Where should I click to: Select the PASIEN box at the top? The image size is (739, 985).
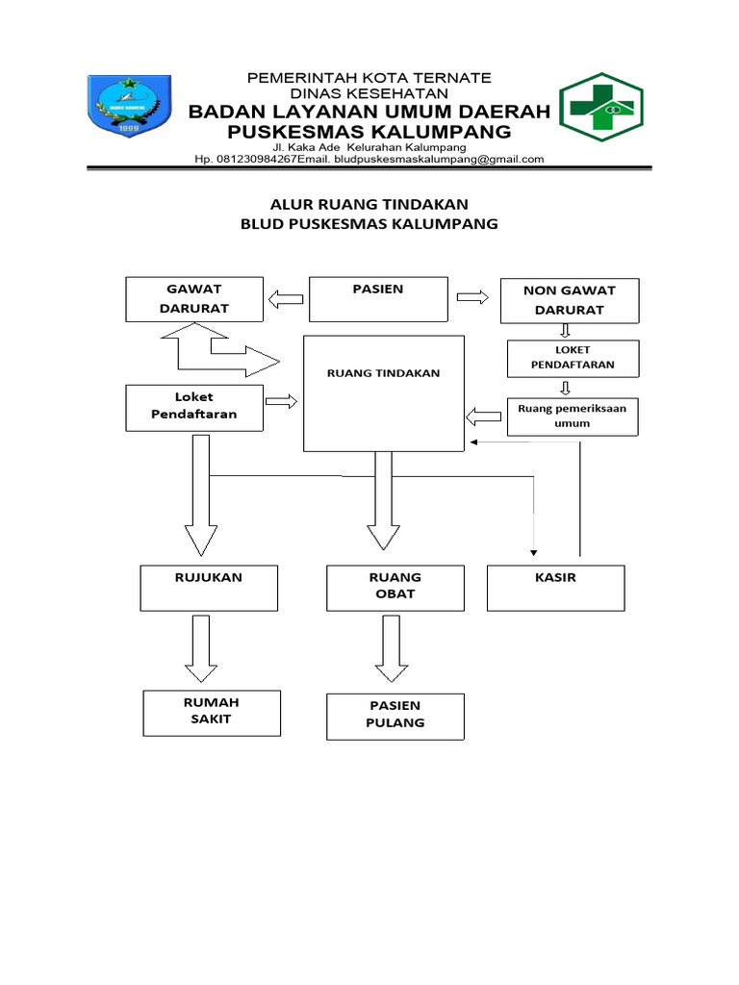coord(377,299)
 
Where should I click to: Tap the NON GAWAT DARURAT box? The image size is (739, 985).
coord(569,300)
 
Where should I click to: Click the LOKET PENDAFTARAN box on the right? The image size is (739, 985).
coord(573,358)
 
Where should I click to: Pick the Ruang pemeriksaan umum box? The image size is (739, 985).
coord(572,417)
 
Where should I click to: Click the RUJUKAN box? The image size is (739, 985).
coord(209,587)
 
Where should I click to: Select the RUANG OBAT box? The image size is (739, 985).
coord(395,587)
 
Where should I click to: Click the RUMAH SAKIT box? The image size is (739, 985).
coord(212,712)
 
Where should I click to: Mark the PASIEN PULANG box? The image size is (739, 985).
coord(395,716)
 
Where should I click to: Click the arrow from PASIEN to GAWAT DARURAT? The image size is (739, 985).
coord(285,299)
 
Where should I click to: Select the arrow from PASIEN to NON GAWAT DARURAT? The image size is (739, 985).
coord(472,298)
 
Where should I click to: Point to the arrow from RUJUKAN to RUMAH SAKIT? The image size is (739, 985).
coord(201,648)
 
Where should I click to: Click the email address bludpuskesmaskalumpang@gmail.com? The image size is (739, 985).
coord(439,160)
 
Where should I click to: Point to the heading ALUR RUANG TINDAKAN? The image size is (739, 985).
coord(369,203)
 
